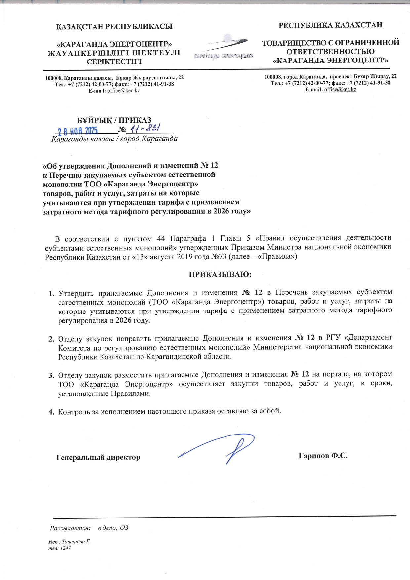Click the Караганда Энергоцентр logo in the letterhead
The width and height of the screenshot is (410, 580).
point(223,48)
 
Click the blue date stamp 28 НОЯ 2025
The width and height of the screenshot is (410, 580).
point(78,131)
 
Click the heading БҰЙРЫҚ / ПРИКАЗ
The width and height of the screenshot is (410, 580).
point(114,120)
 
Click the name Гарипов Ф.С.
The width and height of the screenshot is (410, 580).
point(323,456)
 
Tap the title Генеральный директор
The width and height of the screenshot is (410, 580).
point(98,457)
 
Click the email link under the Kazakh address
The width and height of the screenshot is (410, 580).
point(123,91)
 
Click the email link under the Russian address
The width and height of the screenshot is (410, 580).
point(340,89)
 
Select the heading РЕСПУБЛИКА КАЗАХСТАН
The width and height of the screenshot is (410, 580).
point(330,25)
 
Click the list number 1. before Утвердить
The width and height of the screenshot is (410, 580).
point(51,293)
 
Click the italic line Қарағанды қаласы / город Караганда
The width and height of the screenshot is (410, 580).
point(114,139)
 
